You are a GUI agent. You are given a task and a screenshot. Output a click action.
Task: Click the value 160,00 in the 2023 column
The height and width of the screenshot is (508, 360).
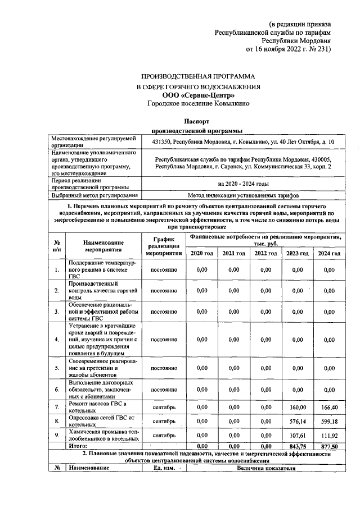[295, 407]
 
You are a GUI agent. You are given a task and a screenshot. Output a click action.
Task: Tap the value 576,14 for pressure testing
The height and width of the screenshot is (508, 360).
[295, 420]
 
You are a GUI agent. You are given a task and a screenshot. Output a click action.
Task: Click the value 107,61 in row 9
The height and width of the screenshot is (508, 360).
[295, 434]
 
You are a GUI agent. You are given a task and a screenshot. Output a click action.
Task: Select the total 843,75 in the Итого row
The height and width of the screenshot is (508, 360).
[295, 446]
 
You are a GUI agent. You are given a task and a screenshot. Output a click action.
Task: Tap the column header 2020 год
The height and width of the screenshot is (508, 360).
[202, 254]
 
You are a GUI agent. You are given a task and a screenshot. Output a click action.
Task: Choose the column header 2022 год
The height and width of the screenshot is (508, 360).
[265, 254]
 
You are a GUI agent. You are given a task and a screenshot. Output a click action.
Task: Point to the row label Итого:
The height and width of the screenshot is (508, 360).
[78, 446]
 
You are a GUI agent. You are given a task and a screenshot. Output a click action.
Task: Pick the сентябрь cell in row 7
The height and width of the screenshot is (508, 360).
[165, 407]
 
